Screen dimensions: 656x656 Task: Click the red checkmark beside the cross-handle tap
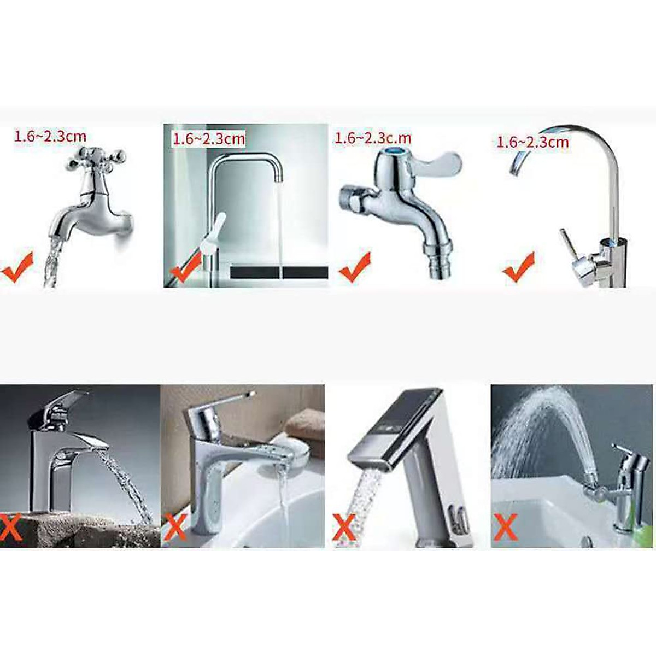tap(17, 268)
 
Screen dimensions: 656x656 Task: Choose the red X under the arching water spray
tap(506, 528)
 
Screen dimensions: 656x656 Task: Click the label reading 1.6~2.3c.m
tap(373, 138)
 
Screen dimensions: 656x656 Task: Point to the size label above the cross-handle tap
tap(50, 136)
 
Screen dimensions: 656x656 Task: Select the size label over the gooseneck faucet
tap(532, 142)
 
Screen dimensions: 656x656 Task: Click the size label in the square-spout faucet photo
tap(209, 138)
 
